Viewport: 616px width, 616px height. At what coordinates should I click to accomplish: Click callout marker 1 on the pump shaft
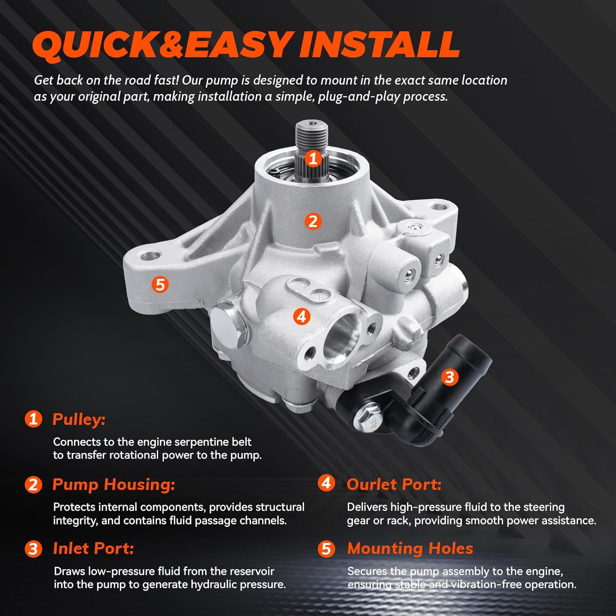[313, 158]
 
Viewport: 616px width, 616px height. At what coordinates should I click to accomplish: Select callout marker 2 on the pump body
[313, 221]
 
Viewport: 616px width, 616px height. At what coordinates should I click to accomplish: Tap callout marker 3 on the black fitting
[450, 377]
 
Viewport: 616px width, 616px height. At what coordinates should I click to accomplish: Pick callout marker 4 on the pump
[302, 317]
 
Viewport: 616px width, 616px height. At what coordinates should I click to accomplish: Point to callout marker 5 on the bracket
[160, 284]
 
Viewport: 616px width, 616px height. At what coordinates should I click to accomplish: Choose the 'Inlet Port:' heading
[93, 549]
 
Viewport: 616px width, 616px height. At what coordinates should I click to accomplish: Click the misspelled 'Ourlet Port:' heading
[394, 484]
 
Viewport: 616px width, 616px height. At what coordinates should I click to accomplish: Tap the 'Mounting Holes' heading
[410, 549]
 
